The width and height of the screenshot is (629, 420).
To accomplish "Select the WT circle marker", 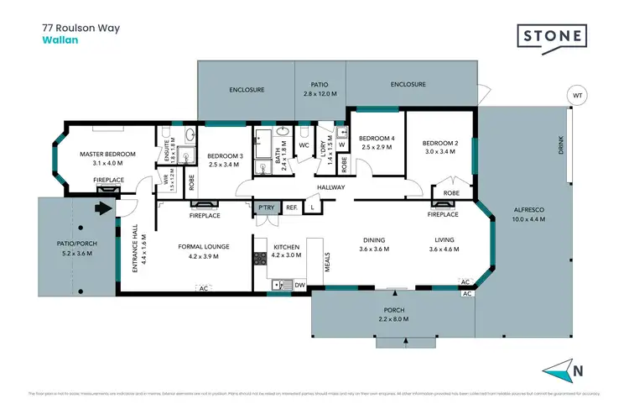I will point(576,96).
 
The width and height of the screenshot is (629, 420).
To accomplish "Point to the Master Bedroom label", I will point(108,155).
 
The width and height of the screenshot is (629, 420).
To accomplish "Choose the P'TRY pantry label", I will point(267,207).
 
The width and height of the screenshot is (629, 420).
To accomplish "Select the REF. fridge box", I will point(292,207).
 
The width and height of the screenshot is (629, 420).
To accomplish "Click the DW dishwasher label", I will point(300,286).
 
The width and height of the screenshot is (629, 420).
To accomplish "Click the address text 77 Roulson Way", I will point(81,27).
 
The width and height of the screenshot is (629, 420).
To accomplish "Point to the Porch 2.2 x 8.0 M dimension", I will point(392,320).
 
